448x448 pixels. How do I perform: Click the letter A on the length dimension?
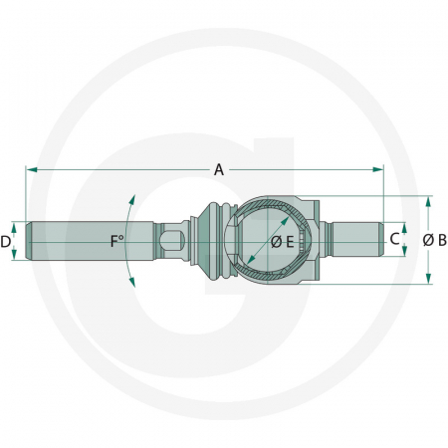218,170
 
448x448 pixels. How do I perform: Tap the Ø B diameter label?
434,240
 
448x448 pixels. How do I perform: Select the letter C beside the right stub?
394,239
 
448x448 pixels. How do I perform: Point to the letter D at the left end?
6,241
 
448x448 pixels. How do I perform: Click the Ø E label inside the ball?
282,242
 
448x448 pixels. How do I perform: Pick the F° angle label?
117,241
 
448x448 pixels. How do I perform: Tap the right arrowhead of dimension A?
378,170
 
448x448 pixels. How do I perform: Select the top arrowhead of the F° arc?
130,198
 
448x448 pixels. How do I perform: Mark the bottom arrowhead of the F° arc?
131,283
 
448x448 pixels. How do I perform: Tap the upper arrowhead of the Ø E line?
299,210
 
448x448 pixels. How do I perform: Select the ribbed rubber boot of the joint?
213,240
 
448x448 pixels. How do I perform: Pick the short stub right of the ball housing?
353,240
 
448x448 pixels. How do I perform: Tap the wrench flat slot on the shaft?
172,240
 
